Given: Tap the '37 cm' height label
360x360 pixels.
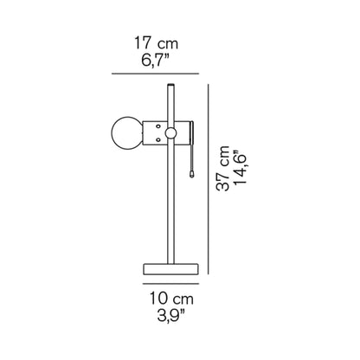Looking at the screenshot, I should point(225,174).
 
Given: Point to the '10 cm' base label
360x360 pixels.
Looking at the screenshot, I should point(170,298).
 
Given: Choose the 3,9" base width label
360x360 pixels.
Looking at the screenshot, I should point(170,317).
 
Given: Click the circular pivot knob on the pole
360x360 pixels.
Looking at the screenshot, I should point(170,132).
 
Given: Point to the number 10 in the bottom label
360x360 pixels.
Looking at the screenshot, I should point(157,298).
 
